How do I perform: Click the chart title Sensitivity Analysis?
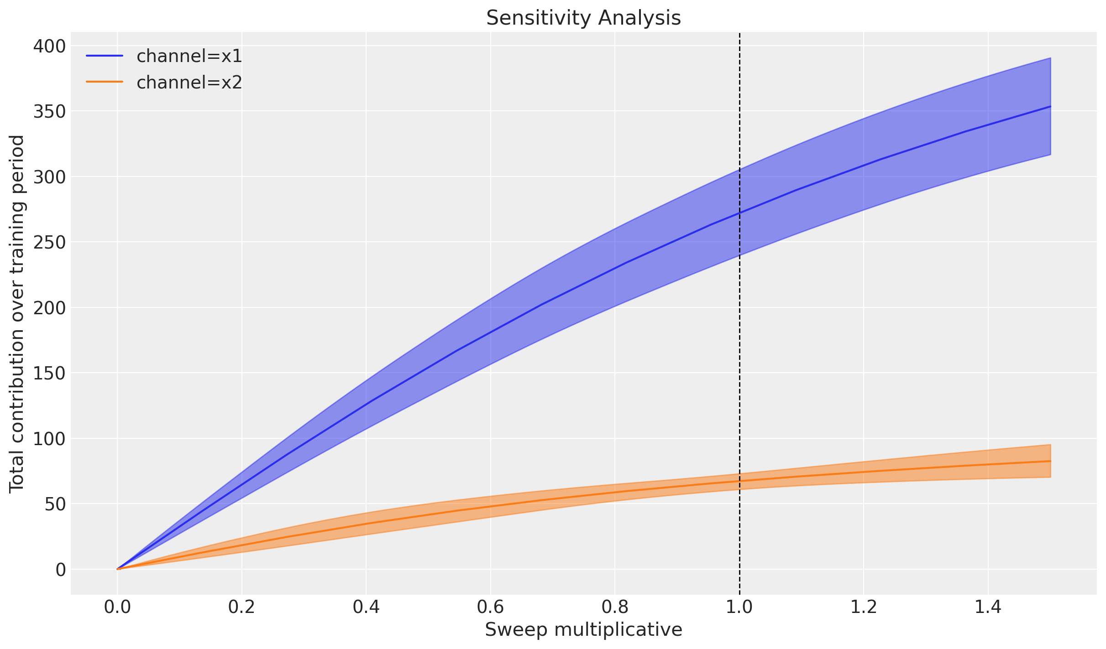click(583, 18)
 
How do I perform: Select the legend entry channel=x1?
click(189, 56)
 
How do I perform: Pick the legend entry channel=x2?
click(189, 83)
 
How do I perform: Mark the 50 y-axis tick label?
click(55, 504)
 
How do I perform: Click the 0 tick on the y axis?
click(61, 570)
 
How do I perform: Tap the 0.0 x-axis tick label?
click(117, 607)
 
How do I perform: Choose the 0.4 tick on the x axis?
click(366, 607)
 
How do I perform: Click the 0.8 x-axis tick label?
click(615, 607)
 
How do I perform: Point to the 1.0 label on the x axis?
click(739, 607)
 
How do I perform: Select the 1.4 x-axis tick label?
click(988, 607)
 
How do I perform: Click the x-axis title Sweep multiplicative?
click(583, 630)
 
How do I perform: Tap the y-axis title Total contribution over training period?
click(17, 314)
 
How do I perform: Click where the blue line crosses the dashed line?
click(739, 213)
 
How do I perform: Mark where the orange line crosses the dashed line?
click(739, 481)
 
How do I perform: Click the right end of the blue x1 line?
click(1050, 106)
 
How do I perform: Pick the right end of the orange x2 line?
click(1050, 461)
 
